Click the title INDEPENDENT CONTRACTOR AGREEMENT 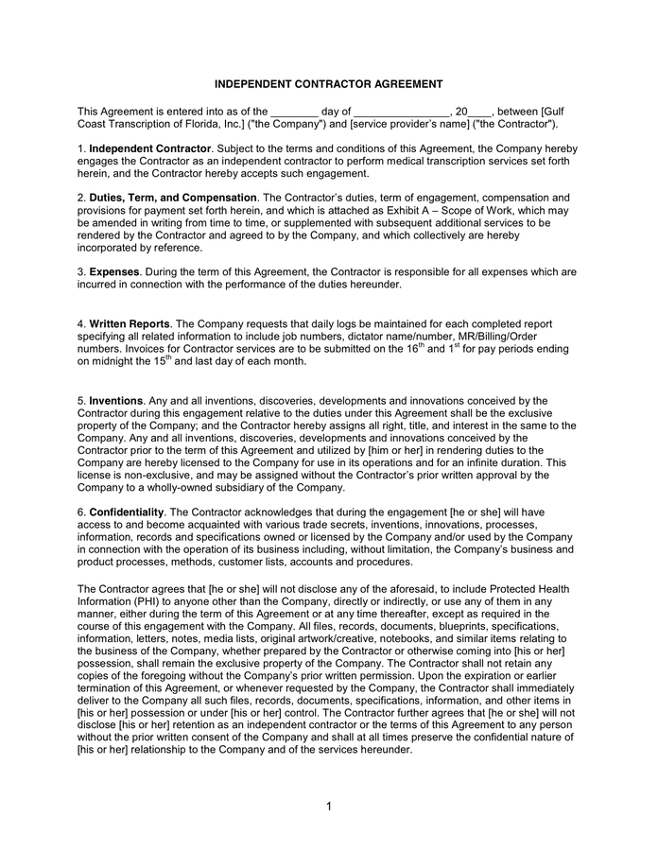328,84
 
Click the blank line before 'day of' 294,112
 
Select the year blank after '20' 480,112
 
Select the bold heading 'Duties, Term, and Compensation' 173,198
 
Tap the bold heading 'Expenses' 114,271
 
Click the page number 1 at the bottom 328,807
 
